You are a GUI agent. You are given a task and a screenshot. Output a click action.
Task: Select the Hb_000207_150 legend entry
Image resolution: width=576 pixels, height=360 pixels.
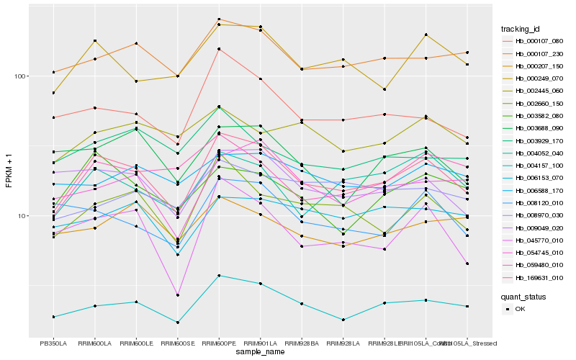539,66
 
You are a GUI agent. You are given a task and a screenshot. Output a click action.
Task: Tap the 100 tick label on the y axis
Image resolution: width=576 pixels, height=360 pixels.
19,76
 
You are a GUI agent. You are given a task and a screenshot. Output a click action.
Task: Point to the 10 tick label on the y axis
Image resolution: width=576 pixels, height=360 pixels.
22,215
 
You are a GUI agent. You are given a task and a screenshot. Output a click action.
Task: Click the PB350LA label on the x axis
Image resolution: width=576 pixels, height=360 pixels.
53,343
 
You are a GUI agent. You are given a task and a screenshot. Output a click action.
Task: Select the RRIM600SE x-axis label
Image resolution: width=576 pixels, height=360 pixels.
177,343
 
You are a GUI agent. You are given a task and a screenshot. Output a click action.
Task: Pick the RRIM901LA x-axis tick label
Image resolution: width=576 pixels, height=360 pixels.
260,343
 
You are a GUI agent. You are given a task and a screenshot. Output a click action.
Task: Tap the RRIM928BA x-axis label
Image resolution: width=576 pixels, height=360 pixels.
302,343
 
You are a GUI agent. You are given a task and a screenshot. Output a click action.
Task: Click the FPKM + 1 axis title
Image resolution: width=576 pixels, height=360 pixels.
9,170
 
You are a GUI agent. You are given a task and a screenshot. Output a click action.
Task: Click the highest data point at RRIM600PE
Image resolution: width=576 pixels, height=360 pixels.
219,19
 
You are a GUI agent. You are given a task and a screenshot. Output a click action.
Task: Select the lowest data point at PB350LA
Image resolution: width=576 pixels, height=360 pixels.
53,317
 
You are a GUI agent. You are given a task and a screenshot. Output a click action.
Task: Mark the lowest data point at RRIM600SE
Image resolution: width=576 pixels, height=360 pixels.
177,322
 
